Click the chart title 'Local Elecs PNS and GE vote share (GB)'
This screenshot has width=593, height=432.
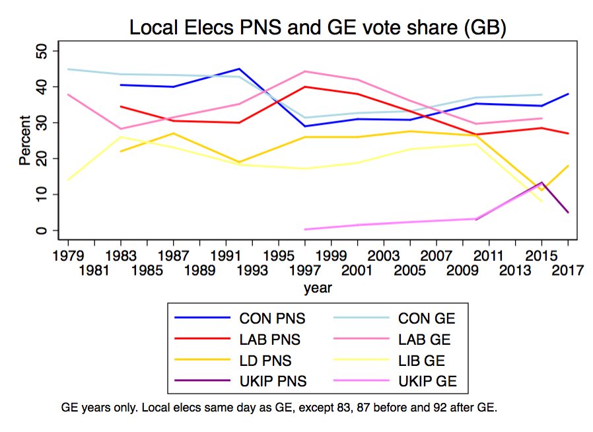click(x=318, y=28)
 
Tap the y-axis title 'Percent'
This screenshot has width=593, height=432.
click(x=24, y=140)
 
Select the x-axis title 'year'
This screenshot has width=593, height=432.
click(x=318, y=288)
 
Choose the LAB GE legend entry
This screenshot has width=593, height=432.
click(x=422, y=340)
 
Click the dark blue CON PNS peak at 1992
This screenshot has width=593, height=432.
click(x=239, y=69)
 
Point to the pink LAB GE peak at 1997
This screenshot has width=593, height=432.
click(x=305, y=71)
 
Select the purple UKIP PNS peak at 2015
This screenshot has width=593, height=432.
click(x=541, y=182)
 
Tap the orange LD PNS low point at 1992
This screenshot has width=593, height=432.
click(x=239, y=162)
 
